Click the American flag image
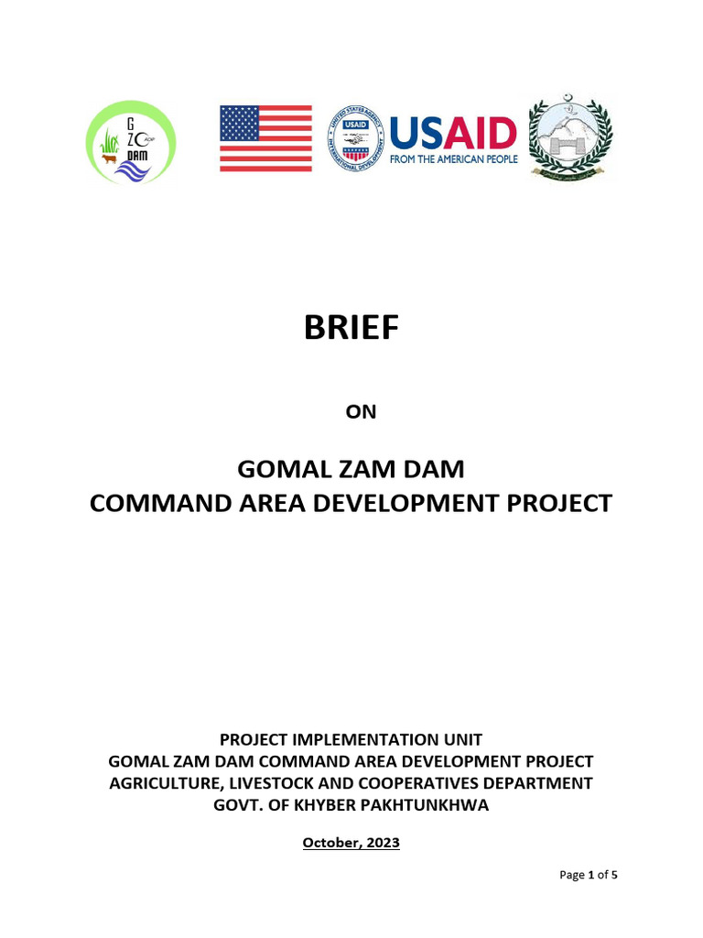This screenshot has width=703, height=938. (265, 138)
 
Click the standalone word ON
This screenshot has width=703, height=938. (361, 412)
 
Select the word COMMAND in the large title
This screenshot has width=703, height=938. (157, 503)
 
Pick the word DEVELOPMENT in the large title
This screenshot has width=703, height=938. (398, 503)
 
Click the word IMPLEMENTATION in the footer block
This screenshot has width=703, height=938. (359, 739)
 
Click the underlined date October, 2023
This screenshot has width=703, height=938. (351, 843)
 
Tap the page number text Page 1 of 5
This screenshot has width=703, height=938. (589, 875)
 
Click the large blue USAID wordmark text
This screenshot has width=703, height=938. (453, 133)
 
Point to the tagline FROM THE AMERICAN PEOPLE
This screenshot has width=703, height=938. (453, 159)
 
